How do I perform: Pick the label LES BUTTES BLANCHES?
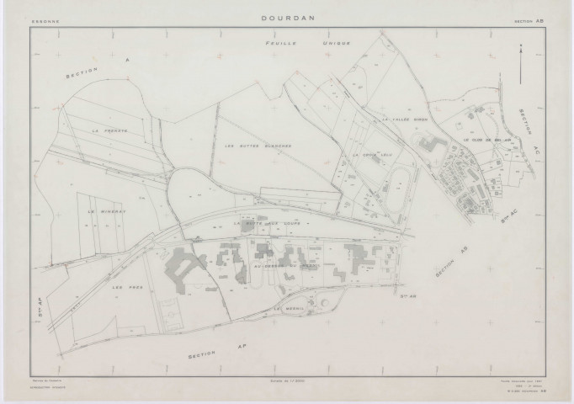coord(263,146)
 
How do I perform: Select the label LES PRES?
coord(123,287)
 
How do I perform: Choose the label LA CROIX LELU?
coord(368,156)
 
